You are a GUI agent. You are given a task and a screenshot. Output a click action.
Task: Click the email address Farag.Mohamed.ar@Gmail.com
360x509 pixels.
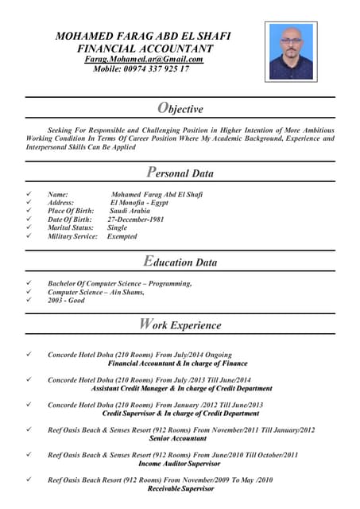144,59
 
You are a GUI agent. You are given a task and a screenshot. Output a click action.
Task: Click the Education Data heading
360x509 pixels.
180,262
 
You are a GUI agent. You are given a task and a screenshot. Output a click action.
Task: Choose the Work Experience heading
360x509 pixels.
180,324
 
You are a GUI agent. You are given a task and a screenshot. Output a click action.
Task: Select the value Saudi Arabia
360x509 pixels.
130,211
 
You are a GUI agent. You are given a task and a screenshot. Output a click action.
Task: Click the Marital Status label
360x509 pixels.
70,227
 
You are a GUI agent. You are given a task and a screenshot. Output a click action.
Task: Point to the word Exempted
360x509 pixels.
122,236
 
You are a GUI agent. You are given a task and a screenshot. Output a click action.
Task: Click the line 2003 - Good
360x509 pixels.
66,301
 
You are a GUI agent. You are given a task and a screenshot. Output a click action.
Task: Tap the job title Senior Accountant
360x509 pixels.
178,439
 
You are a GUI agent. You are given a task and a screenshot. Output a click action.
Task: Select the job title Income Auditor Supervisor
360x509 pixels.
180,464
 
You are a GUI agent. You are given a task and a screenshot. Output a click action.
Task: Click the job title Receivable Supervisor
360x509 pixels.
180,488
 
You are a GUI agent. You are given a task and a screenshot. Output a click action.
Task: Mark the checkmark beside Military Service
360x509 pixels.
29,236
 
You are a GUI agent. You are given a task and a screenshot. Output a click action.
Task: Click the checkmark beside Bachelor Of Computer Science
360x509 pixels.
29,283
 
